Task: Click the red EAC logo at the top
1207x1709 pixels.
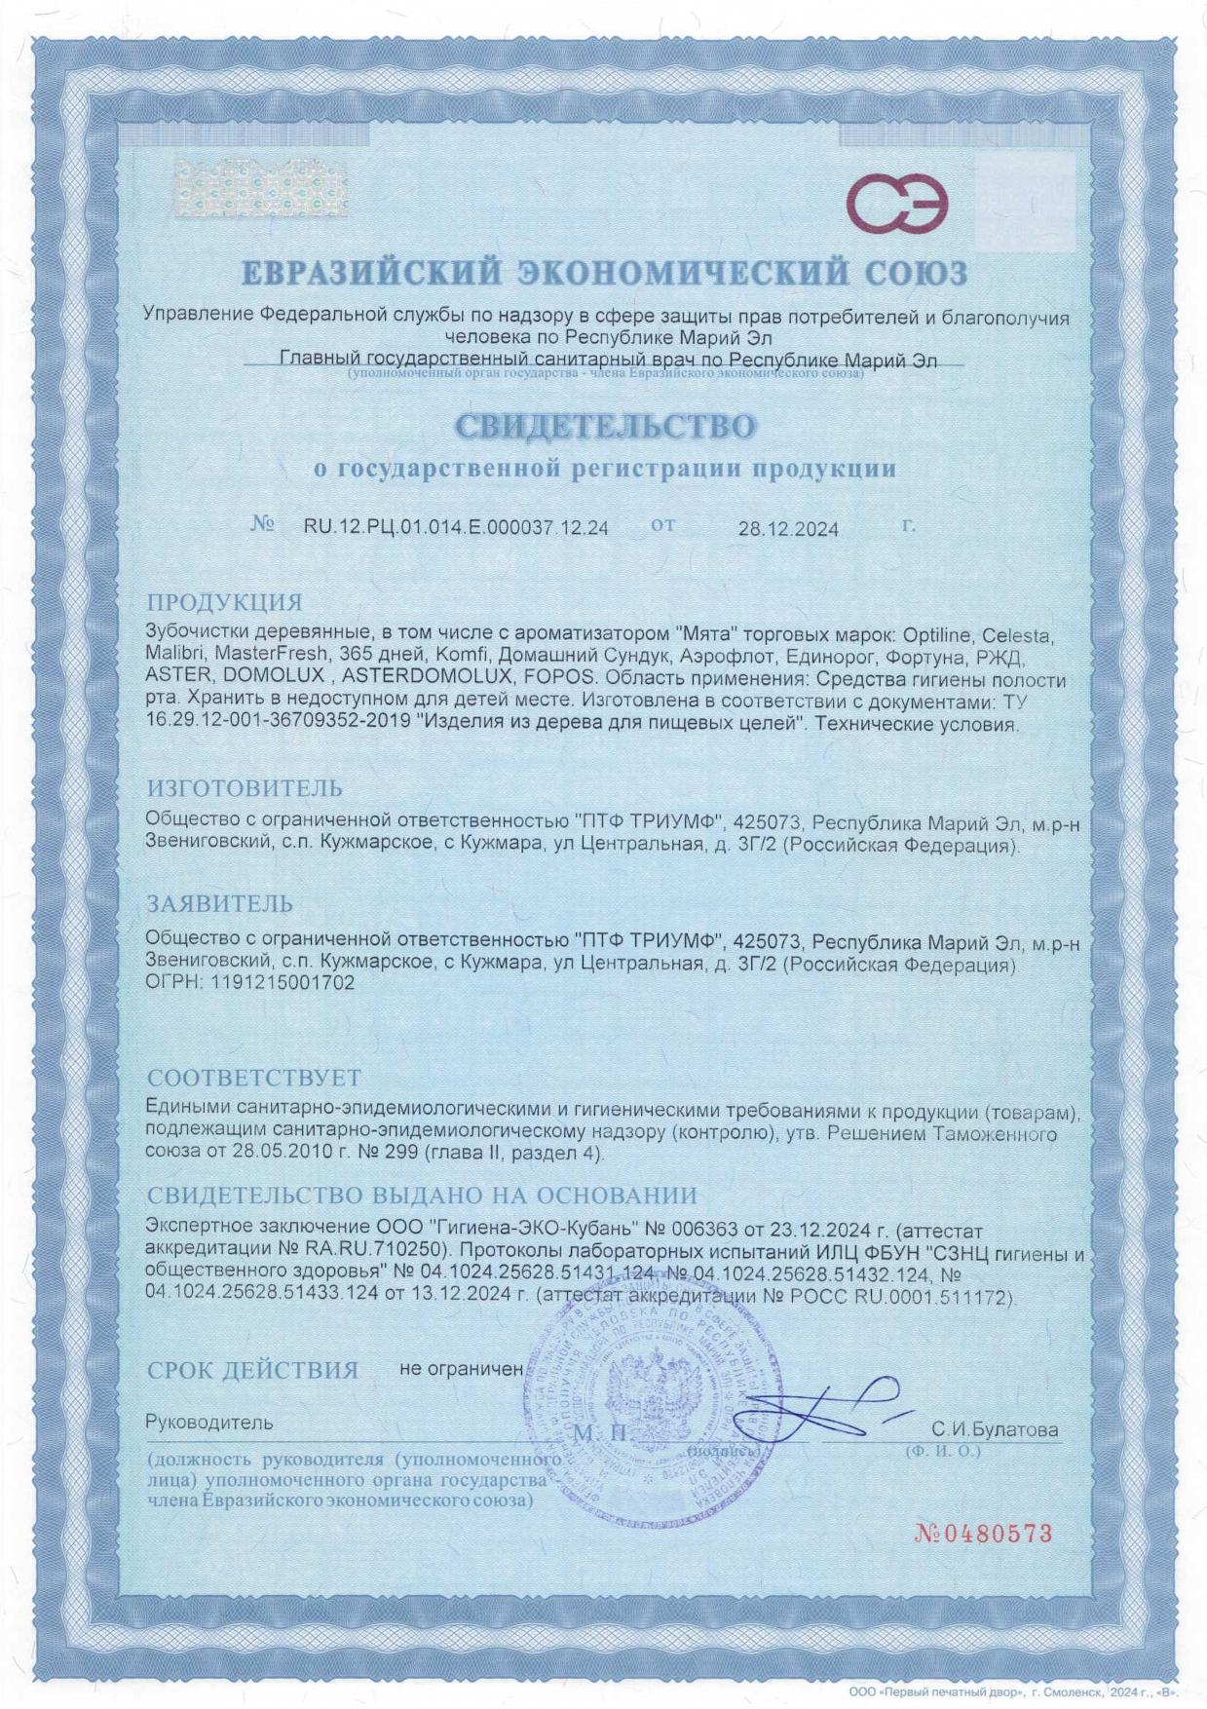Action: [895, 204]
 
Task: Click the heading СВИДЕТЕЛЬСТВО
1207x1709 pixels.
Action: [604, 426]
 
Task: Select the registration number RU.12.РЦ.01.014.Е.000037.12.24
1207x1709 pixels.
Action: [456, 527]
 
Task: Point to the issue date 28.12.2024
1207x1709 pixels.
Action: [787, 529]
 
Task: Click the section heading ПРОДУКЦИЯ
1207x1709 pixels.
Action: [224, 601]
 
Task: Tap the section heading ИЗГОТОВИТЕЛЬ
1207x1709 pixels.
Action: [245, 787]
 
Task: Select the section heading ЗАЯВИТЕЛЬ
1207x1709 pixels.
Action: [219, 904]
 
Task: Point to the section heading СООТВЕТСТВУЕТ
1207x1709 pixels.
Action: [253, 1078]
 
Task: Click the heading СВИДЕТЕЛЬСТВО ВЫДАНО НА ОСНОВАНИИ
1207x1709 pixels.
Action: [422, 1195]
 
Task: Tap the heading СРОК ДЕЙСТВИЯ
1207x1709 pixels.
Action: [252, 1370]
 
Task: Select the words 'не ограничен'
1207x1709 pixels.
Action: [461, 1368]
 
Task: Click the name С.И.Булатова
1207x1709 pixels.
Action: [994, 1430]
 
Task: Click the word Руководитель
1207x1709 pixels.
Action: [208, 1423]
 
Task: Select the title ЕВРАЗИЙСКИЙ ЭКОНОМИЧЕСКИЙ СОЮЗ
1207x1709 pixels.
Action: [604, 272]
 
